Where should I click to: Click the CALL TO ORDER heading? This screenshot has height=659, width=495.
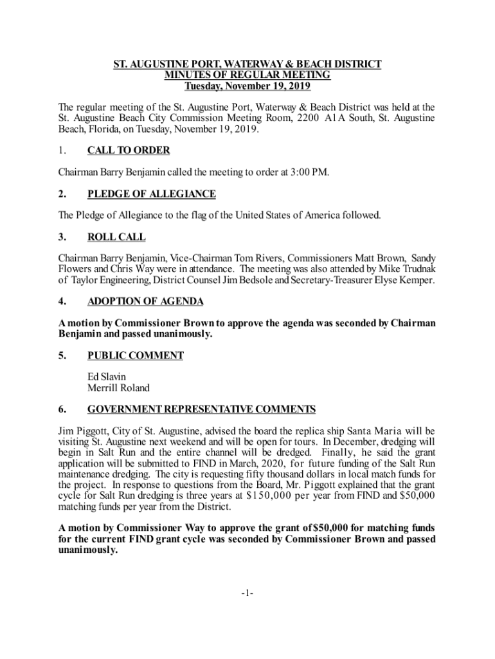129,151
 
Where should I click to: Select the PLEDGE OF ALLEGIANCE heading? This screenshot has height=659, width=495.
151,194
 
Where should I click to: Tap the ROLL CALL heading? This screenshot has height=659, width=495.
116,237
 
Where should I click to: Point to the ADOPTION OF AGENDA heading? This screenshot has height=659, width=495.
145,301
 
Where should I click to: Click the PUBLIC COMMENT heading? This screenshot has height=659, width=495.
136,355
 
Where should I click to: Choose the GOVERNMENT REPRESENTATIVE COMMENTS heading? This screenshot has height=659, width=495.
201,409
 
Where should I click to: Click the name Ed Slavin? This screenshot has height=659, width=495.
107,376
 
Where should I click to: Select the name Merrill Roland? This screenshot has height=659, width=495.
118,388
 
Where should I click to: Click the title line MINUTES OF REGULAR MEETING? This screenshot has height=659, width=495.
248,75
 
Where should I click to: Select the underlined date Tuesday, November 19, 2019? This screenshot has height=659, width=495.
248,86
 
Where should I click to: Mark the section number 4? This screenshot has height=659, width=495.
62,301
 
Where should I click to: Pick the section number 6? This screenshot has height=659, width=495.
62,409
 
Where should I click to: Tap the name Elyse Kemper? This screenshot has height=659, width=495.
408,280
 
